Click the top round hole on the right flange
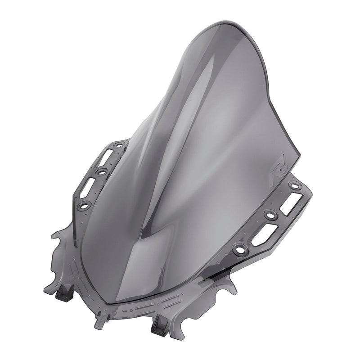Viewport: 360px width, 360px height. [294, 185]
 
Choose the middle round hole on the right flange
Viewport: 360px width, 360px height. [270, 215]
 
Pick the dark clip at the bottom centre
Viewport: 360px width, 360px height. [159, 330]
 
